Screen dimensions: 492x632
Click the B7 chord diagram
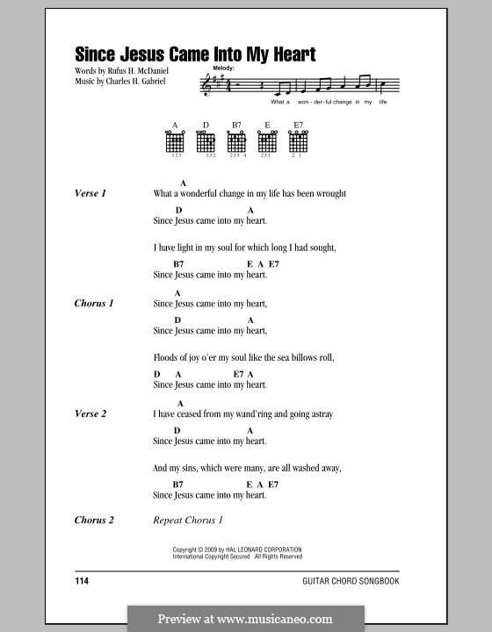coord(236,141)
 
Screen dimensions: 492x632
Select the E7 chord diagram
coord(298,141)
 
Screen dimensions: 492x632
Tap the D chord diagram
coord(206,141)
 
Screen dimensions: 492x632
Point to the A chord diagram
coord(175,141)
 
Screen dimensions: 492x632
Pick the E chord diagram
coord(267,141)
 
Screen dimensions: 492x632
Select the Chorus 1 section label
coord(94,303)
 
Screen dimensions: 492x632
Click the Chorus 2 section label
coord(94,521)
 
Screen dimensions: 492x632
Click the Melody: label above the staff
coord(224,67)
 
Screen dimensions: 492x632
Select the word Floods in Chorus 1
coord(165,358)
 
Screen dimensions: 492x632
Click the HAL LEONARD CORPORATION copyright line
coord(237,549)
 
